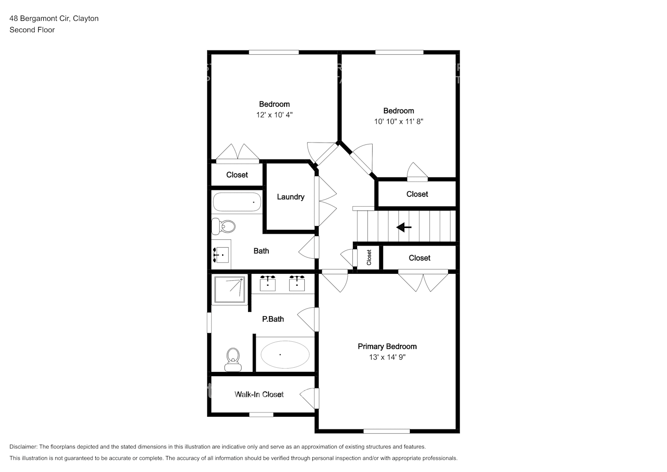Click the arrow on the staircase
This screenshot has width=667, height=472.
[x=404, y=228]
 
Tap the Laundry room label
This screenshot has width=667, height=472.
[x=291, y=197]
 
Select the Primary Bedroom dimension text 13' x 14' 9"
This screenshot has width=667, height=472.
[x=387, y=357]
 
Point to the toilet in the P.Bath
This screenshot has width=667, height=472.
[x=233, y=360]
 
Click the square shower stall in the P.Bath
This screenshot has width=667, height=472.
[x=229, y=289]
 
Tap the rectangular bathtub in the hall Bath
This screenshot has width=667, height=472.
[x=237, y=202]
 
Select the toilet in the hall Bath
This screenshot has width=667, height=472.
[x=224, y=226]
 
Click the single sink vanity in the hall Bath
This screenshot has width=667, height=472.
[x=221, y=254]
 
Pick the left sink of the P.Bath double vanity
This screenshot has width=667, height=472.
[x=268, y=283]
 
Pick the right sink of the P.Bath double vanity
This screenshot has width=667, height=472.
[x=297, y=283]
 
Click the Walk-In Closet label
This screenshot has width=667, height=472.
[x=259, y=394]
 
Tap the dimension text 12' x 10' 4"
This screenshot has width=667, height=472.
[x=275, y=115]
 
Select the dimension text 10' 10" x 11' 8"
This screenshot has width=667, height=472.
[x=399, y=121]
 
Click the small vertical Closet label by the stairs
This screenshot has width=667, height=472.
[x=369, y=257]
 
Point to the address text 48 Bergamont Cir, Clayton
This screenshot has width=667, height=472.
[x=54, y=18]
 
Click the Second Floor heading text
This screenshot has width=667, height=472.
[x=32, y=30]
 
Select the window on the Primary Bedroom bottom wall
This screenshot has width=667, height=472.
[x=386, y=431]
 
